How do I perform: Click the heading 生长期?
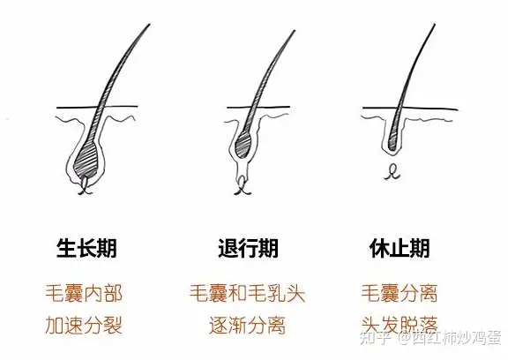(86, 248)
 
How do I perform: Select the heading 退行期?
(249, 248)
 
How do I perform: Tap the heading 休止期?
(399, 248)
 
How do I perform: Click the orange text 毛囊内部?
(84, 293)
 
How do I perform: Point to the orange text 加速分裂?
(84, 326)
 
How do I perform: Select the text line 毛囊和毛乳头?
(248, 293)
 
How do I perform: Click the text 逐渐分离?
(248, 326)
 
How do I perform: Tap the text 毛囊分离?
(399, 293)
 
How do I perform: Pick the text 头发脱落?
(399, 326)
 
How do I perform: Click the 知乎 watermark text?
(375, 338)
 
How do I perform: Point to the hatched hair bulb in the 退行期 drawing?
(244, 144)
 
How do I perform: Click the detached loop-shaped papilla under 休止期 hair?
(392, 172)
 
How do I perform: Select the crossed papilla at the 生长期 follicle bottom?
(85, 185)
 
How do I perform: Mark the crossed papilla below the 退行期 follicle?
(243, 186)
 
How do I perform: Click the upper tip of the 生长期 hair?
(149, 24)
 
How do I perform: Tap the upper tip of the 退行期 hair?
(295, 31)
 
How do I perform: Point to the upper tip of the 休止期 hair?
(435, 24)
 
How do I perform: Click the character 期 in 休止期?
(420, 248)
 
